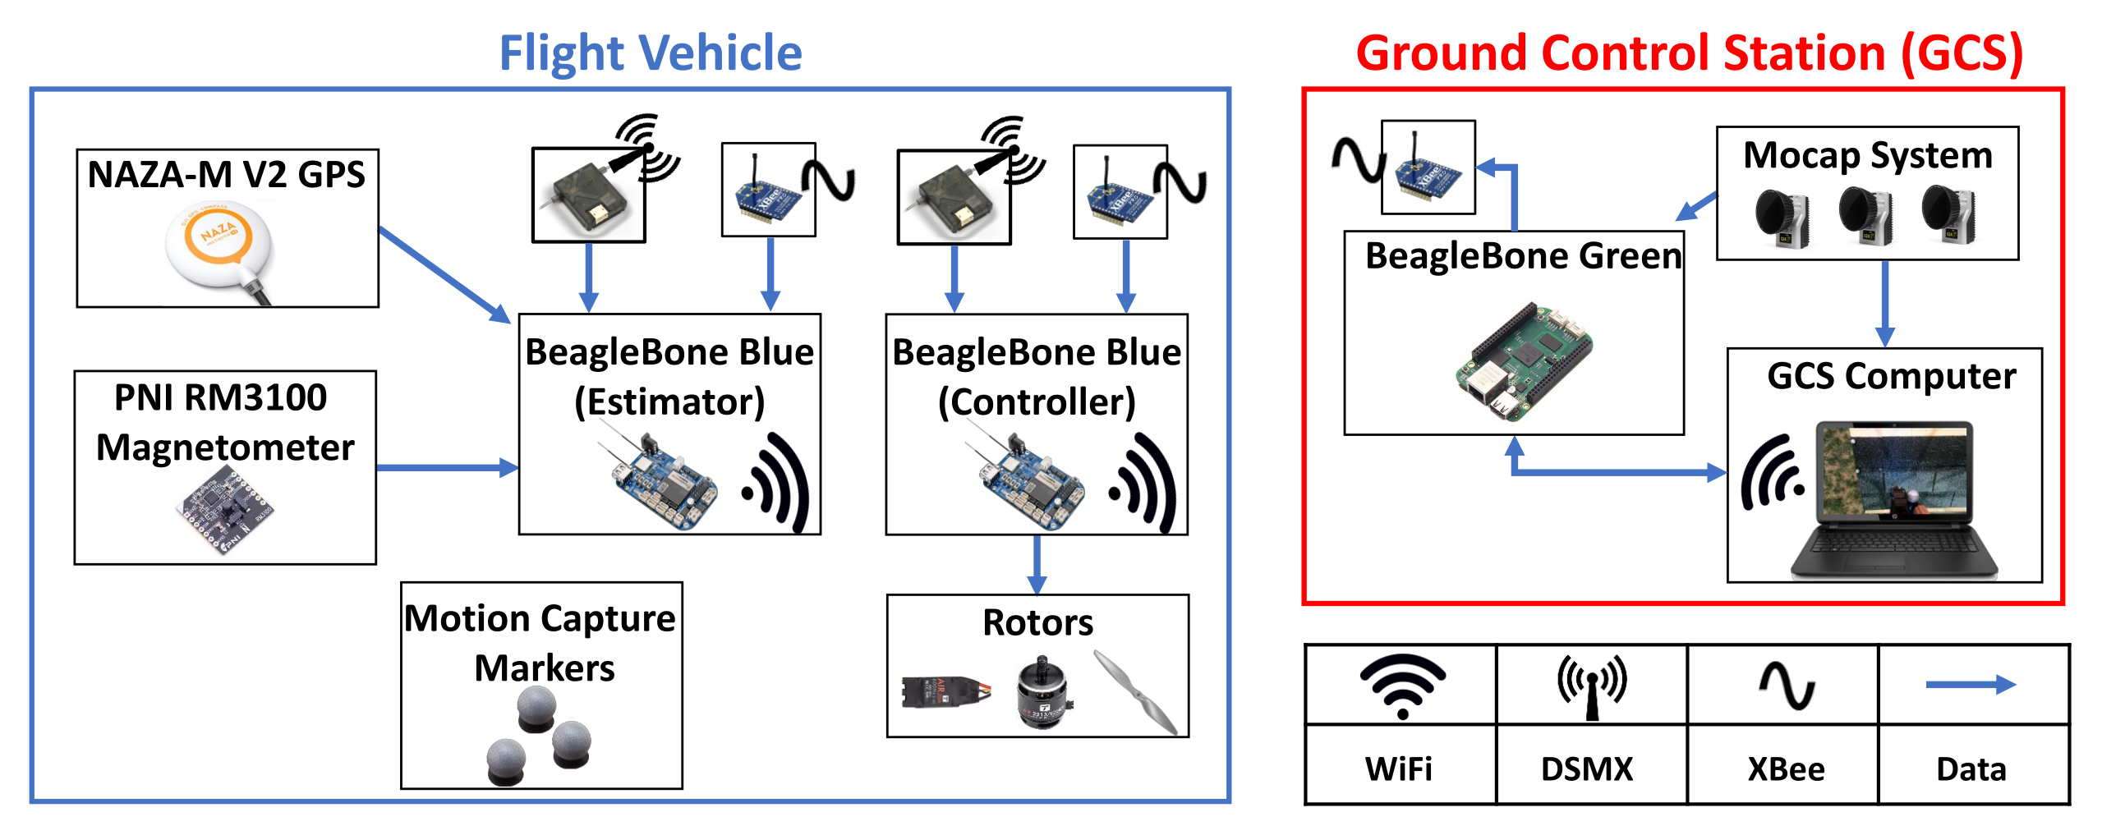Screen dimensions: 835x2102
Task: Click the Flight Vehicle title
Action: [x=650, y=53]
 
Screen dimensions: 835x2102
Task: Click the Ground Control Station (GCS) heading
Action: [x=1689, y=53]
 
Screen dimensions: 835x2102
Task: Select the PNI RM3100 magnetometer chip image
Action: [x=224, y=508]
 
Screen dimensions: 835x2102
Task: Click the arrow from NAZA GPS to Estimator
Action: [x=444, y=275]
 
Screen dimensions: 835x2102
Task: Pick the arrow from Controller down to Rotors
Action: [x=1037, y=564]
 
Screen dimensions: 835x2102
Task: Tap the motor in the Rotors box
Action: [x=1042, y=691]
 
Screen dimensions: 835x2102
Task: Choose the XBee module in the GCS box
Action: [x=1428, y=168]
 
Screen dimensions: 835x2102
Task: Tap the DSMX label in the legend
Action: [x=1587, y=769]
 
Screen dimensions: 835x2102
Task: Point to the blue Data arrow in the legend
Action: [x=1970, y=685]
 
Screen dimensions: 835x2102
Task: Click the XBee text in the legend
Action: [x=1786, y=769]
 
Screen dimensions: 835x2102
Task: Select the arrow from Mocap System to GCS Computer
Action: [x=1885, y=304]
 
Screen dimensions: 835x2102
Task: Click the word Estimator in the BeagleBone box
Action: [x=669, y=402]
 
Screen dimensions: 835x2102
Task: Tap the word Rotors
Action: [x=1037, y=622]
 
